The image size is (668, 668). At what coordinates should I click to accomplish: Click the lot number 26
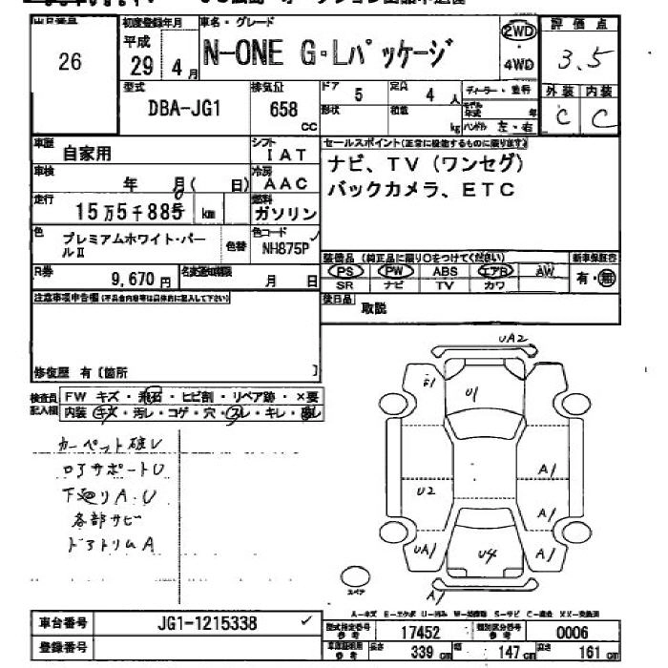point(70,63)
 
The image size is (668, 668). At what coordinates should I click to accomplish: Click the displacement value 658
point(283,109)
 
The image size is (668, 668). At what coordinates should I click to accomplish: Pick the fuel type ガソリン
point(284,215)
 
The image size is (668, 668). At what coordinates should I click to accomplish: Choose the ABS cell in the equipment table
point(445,271)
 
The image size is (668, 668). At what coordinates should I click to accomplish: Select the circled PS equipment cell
point(345,271)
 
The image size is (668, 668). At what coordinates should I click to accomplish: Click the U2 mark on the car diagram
point(427,490)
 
